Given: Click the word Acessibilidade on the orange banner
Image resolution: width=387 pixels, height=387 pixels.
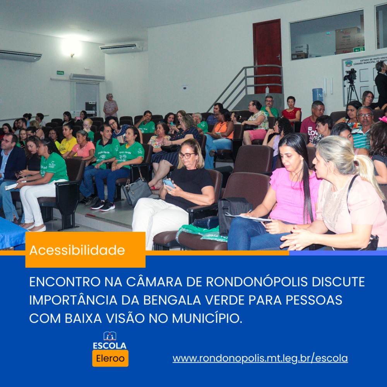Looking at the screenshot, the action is pos(77,250).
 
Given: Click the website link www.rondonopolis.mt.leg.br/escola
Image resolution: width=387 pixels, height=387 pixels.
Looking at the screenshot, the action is pos(260,358).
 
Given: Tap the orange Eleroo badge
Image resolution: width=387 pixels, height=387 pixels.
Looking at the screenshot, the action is pos(110,358).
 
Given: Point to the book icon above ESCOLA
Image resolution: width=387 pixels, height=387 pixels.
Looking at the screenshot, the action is pos(110,336).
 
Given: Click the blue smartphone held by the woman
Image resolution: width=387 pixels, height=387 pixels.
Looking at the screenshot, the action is pos(169,184).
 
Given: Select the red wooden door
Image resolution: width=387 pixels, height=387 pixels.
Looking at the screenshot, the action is pos(267,56).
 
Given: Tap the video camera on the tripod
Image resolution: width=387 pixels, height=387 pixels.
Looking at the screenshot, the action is pos(351,75).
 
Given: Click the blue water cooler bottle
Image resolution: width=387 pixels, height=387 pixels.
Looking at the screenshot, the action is pos(318,95).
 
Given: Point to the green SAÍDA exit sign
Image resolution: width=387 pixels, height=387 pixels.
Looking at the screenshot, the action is pos(60,73).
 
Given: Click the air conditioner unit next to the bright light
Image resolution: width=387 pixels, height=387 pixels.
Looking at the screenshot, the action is pos(122,48).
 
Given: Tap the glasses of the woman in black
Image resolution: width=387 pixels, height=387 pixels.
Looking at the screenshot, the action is pos(187,155).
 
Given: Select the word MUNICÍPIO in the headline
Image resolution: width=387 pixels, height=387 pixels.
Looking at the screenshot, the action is pos(207,319).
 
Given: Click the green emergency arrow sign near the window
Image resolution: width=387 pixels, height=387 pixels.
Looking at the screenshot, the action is pos(359,50).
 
